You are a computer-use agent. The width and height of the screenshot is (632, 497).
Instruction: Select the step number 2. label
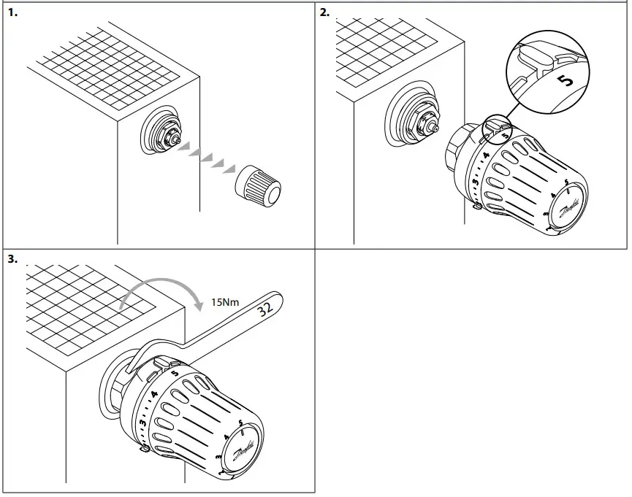[x=325, y=12]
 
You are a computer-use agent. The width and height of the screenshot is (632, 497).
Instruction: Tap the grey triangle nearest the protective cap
[x=229, y=169]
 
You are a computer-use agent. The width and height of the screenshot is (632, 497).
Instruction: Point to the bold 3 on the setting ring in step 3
[x=143, y=422]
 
